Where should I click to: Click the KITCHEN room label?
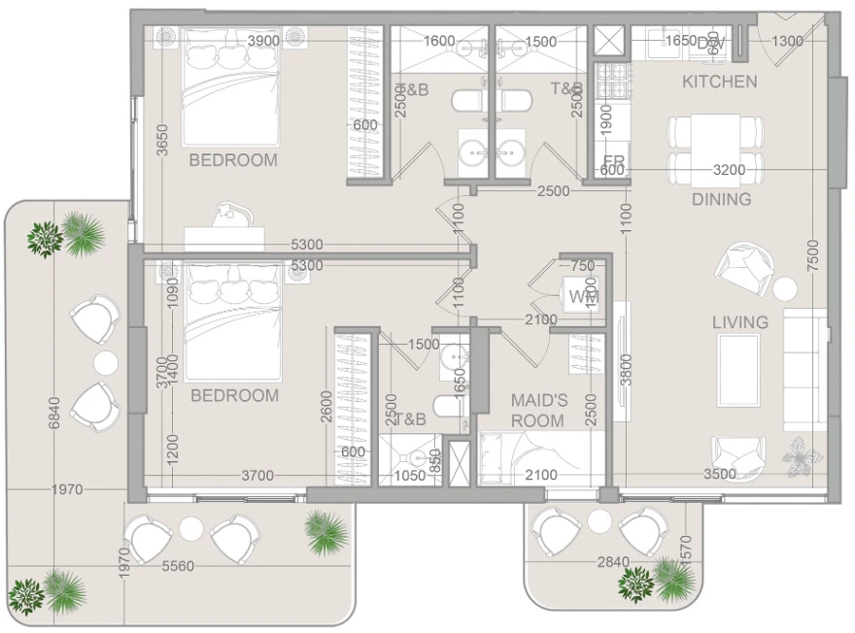pyautogui.click(x=719, y=82)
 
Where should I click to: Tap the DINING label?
pyautogui.click(x=721, y=199)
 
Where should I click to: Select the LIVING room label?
pyautogui.click(x=739, y=322)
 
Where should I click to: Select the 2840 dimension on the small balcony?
pyautogui.click(x=614, y=562)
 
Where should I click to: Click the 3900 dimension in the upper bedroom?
pyautogui.click(x=263, y=41)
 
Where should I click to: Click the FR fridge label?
pyautogui.click(x=613, y=160)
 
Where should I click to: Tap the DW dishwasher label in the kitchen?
pyautogui.click(x=710, y=43)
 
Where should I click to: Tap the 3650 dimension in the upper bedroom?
pyautogui.click(x=162, y=146)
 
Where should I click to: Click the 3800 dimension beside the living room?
pyautogui.click(x=627, y=368)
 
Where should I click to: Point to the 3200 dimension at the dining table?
pyautogui.click(x=729, y=170)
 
